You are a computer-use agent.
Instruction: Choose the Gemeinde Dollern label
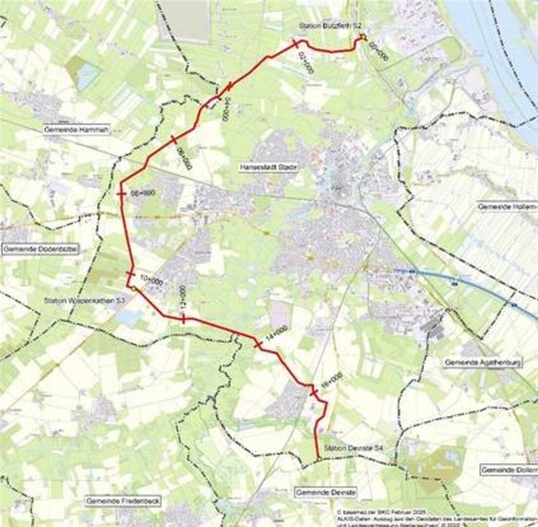509,469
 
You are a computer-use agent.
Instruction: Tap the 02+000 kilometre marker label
305,61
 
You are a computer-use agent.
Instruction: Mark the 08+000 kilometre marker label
143,192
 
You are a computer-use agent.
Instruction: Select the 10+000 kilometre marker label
151,279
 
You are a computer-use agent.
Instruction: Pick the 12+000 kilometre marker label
182,299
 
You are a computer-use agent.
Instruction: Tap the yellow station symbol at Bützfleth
361,37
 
